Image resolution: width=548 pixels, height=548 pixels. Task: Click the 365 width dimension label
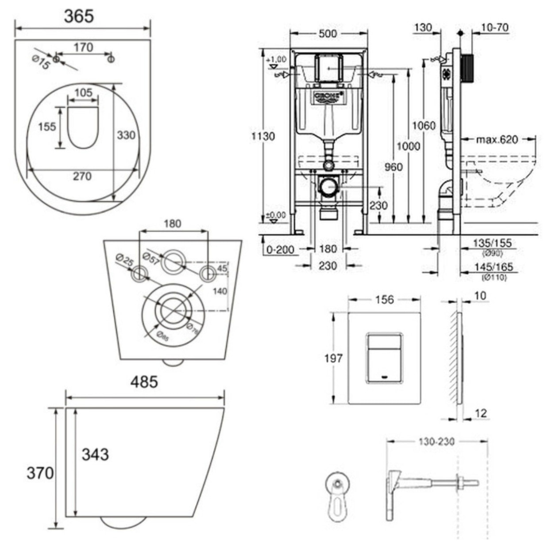(x=79, y=16)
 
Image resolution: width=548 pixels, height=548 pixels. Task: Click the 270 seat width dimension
(x=82, y=176)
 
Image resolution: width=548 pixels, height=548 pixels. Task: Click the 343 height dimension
(x=95, y=454)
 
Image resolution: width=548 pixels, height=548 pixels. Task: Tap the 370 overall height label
(x=40, y=473)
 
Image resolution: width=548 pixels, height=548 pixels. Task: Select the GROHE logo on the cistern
(x=328, y=96)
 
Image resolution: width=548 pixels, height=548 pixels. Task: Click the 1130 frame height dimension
(x=263, y=136)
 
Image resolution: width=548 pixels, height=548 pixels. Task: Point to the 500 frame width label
(x=328, y=34)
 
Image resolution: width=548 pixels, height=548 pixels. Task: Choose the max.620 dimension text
(x=497, y=140)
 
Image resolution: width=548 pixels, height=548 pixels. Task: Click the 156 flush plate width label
(x=384, y=300)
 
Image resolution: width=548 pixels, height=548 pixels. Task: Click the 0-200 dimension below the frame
(x=280, y=250)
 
